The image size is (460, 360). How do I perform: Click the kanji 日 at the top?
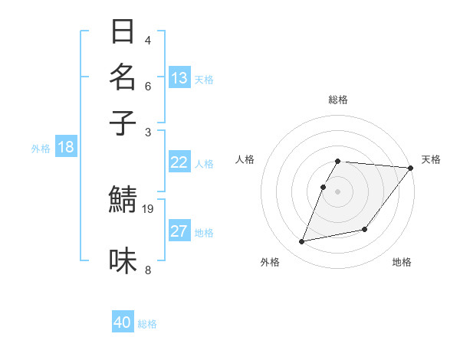click(x=123, y=33)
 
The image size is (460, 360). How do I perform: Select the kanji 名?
click(x=123, y=77)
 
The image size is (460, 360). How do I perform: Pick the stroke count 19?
click(x=149, y=208)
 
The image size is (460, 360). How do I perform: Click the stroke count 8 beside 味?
click(x=148, y=270)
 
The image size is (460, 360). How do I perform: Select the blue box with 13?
click(x=179, y=77)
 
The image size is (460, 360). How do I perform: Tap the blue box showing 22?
click(x=179, y=162)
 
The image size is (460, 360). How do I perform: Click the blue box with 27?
click(x=179, y=231)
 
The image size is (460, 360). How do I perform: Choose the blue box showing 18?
click(x=65, y=147)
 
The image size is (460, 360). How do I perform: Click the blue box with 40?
click(x=123, y=322)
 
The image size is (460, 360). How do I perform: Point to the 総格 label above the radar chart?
click(x=338, y=100)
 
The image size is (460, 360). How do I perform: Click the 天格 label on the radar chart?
click(x=431, y=159)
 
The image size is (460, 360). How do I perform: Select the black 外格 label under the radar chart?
click(x=270, y=262)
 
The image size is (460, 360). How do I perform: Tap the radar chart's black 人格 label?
click(x=245, y=159)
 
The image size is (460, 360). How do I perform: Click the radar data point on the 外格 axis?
click(x=302, y=242)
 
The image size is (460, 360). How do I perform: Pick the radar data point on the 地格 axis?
click(x=365, y=229)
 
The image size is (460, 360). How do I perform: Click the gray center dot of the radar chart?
click(x=338, y=191)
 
